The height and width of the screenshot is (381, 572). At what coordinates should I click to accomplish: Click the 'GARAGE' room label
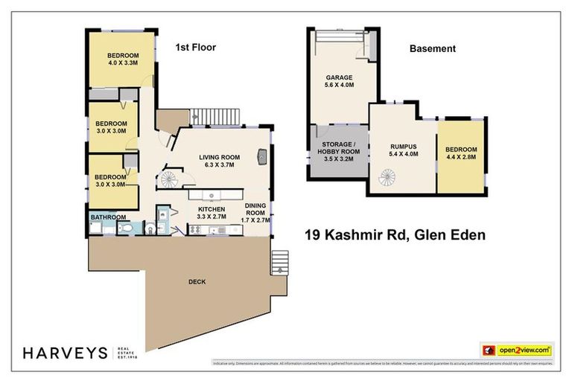[339, 77]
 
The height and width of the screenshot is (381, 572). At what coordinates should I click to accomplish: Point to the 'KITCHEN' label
[211, 211]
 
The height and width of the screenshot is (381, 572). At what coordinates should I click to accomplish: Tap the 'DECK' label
[197, 282]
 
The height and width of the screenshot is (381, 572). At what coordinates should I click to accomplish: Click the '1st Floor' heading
[195, 48]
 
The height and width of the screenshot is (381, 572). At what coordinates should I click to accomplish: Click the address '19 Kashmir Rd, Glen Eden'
[395, 236]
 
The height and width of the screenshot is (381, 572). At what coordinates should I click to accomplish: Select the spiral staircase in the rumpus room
[388, 178]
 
